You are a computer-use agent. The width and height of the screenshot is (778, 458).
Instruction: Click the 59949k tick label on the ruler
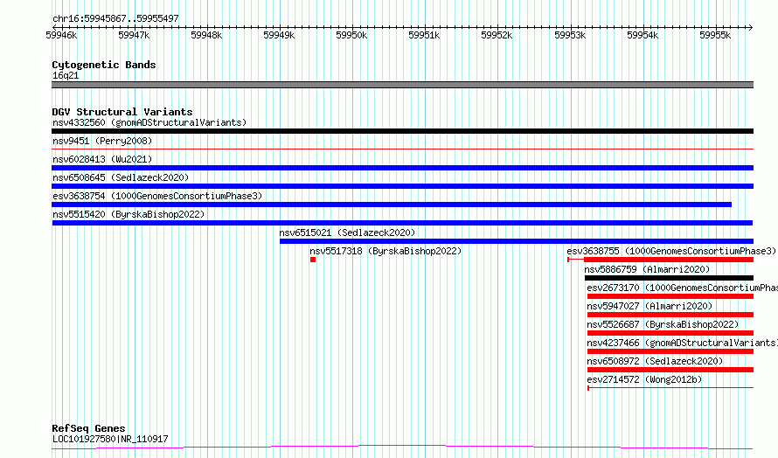pos(279,35)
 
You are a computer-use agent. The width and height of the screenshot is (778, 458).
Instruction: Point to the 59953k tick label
pos(570,35)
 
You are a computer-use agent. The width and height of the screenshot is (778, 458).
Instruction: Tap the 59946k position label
pos(61,35)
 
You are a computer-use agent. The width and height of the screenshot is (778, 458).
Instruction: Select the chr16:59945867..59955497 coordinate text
pos(115,19)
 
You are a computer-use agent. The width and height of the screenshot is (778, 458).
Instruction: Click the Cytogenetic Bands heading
pos(104,65)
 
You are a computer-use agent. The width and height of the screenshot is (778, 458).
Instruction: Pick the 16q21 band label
pos(66,75)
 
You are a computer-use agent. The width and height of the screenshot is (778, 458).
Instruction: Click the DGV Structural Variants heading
pos(122,112)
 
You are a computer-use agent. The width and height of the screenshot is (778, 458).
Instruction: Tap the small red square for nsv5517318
pos(313,260)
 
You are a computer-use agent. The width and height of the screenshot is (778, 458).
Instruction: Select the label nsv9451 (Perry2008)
pos(102,141)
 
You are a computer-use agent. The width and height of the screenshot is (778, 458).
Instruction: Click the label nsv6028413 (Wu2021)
pos(102,159)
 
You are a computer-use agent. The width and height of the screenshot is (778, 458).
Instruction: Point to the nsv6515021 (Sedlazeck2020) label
pos(347,232)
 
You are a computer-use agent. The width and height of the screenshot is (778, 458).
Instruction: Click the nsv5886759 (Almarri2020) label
pos(647,269)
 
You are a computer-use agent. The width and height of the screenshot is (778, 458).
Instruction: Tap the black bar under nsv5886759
pos(669,278)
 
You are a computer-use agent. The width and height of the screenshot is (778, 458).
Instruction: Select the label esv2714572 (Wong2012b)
pos(644,379)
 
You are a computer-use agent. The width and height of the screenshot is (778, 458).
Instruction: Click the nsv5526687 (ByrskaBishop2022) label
pos(663,324)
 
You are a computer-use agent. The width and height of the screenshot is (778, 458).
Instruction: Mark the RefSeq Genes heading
pos(89,428)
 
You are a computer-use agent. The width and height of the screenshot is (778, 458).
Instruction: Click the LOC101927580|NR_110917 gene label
pos(110,439)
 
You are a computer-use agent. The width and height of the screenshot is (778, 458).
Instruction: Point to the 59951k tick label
pos(424,35)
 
